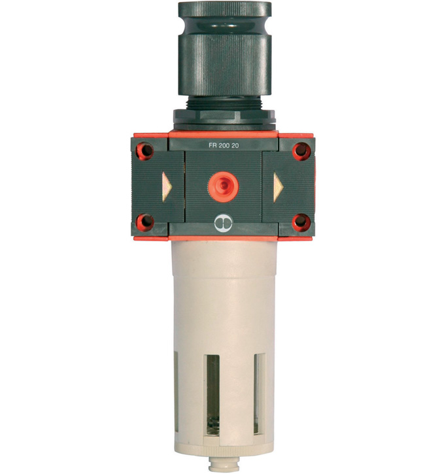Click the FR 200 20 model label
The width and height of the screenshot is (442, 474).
224,145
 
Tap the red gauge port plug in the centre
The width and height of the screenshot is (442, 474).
224,186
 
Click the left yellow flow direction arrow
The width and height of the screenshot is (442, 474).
167,187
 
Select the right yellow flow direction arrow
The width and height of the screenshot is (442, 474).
278,187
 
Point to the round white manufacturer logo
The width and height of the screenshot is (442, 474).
223,223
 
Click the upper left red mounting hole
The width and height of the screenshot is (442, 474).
144,151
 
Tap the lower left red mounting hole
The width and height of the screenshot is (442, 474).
144,222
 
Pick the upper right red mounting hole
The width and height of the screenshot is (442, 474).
301,151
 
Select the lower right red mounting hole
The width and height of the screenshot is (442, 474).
301,222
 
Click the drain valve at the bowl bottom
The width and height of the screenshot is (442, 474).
224,464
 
